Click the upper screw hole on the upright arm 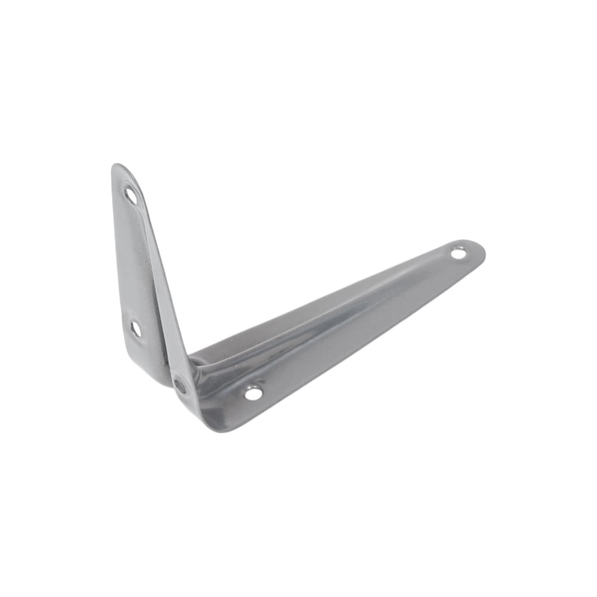(130, 195)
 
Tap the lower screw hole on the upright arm (136, 328)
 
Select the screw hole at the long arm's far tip (458, 253)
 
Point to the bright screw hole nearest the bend (253, 393)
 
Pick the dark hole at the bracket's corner (180, 386)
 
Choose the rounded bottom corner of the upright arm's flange (156, 379)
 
